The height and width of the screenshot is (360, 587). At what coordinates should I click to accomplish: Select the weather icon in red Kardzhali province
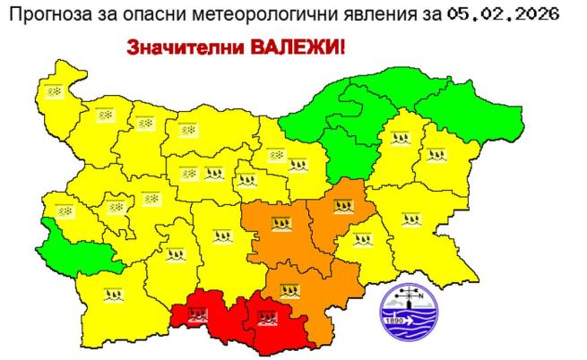point(266,316)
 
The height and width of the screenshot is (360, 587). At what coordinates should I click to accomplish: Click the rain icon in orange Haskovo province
point(289,289)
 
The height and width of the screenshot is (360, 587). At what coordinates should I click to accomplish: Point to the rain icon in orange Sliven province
point(343,207)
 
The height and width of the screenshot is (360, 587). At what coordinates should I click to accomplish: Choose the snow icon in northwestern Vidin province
point(56,91)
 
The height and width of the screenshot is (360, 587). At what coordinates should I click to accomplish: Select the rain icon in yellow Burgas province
point(410,217)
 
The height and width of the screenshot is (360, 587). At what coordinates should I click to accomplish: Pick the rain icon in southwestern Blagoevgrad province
point(113,293)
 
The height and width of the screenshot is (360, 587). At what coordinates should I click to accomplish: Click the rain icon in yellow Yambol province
point(362,238)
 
